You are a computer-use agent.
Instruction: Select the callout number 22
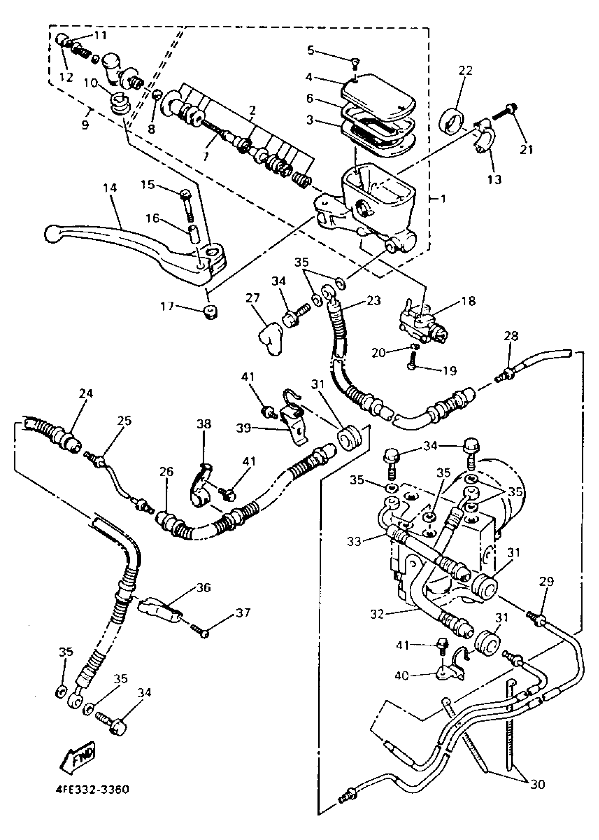tap(465, 70)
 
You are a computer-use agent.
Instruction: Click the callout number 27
tap(253, 298)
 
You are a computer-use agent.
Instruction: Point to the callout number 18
tap(468, 301)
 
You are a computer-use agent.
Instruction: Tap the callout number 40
tap(402, 676)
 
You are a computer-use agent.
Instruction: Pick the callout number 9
tap(85, 125)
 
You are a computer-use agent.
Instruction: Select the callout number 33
tap(354, 541)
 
